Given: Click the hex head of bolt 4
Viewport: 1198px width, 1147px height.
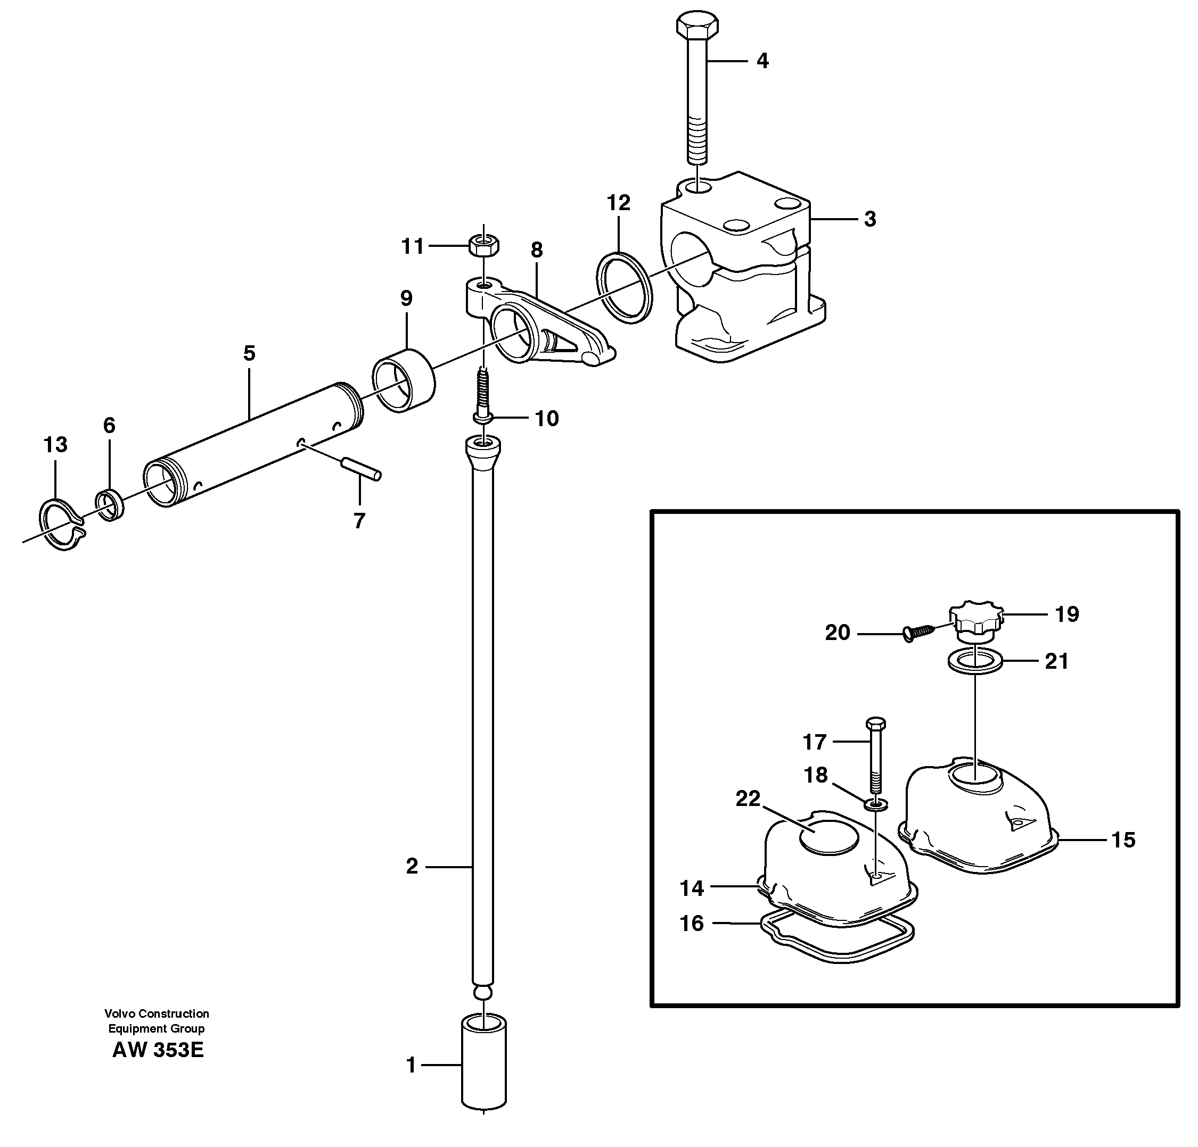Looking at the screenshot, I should [x=697, y=26].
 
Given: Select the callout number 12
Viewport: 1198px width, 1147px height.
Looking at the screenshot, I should [x=619, y=203].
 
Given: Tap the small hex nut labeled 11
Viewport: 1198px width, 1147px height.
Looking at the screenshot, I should [x=483, y=246].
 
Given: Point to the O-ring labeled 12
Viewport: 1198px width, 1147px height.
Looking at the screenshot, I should [x=624, y=287].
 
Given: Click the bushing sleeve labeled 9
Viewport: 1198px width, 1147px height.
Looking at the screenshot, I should [x=404, y=380].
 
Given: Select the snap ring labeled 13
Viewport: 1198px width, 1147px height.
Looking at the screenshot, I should [x=62, y=523].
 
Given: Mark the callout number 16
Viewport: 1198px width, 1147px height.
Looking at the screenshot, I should [x=691, y=923].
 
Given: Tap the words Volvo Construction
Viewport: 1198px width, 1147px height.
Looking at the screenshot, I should [x=157, y=1013].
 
